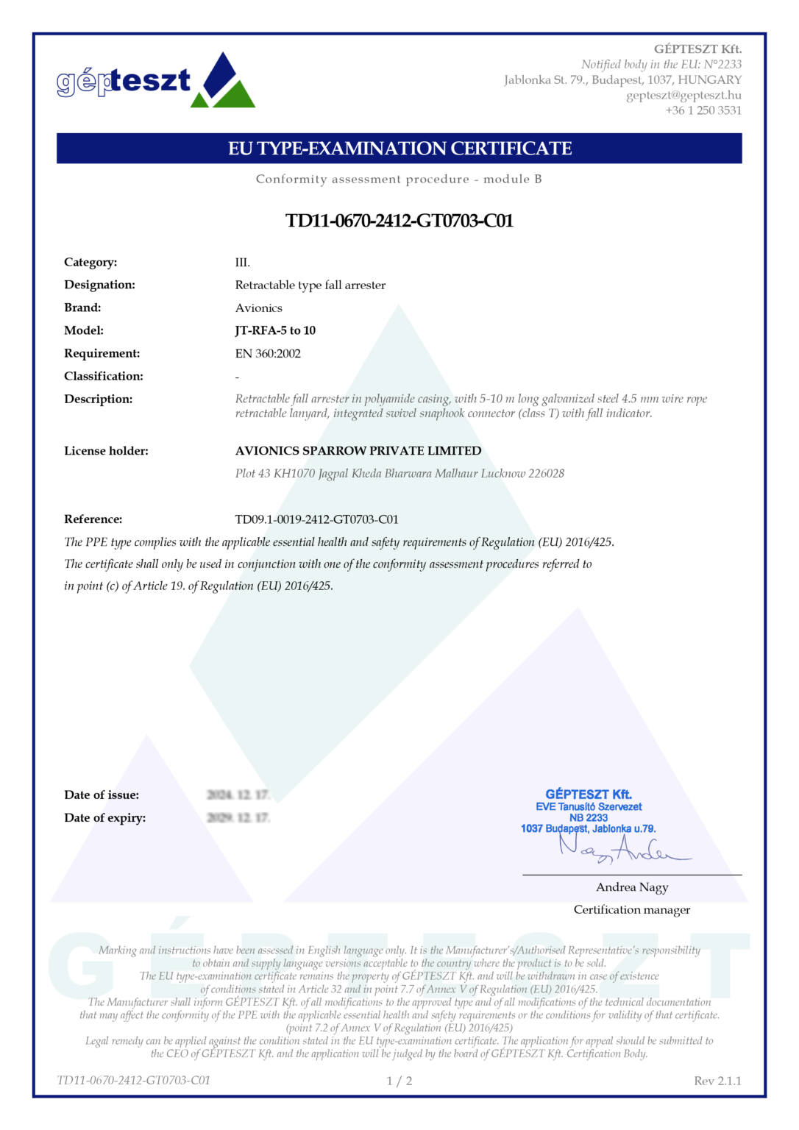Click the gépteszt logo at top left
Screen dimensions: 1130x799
[155, 80]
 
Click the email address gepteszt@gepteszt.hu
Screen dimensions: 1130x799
[683, 95]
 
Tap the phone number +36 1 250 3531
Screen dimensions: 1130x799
[703, 110]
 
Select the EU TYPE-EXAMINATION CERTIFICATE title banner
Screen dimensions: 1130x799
[399, 149]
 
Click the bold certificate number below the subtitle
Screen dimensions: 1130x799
[399, 221]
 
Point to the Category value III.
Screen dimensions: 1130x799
[243, 263]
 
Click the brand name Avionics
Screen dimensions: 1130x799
[258, 308]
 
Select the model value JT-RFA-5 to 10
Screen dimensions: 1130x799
[275, 331]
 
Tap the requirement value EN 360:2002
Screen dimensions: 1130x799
[268, 354]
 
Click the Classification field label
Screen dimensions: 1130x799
[104, 377]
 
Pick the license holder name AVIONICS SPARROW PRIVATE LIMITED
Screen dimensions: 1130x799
[358, 451]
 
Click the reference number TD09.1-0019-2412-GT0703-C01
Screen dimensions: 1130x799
[316, 519]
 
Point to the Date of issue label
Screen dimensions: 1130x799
[102, 795]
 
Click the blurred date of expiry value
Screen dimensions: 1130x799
[238, 818]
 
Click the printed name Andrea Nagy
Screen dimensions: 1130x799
[632, 887]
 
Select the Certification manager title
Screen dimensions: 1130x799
[632, 910]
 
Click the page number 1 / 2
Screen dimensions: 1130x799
[399, 1081]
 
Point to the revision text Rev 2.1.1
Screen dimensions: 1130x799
[717, 1081]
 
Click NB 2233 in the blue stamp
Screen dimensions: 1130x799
[589, 817]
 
